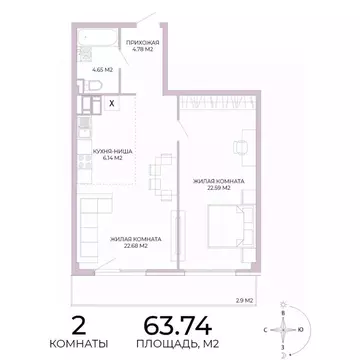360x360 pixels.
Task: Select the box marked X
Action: coord(111,102)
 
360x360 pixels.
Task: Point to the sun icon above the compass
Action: coord(284,303)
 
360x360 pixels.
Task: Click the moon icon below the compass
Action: coord(284,351)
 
